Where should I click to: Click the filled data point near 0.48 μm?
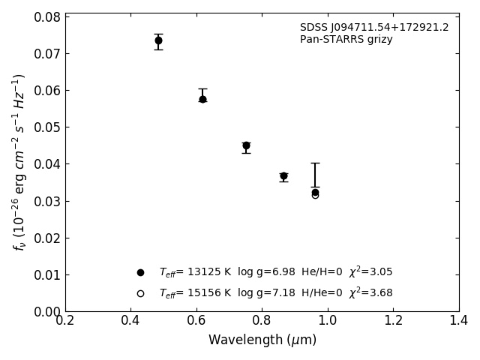(x=158, y=40)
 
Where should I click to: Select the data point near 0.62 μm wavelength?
(x=202, y=99)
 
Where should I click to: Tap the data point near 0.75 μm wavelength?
(x=246, y=145)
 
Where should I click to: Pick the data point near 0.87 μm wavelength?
(x=283, y=176)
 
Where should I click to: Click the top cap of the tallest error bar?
(x=315, y=163)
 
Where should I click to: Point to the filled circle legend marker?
(x=140, y=272)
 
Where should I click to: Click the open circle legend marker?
(x=140, y=293)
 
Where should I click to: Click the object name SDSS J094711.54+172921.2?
(x=374, y=28)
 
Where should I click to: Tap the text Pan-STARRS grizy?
(x=346, y=40)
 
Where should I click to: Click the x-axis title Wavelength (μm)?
(x=262, y=340)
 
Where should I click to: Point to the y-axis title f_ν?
(x=19, y=162)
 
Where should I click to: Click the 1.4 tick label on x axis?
(x=459, y=321)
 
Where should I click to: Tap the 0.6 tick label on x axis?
(x=196, y=321)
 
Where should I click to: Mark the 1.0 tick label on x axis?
(x=328, y=321)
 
